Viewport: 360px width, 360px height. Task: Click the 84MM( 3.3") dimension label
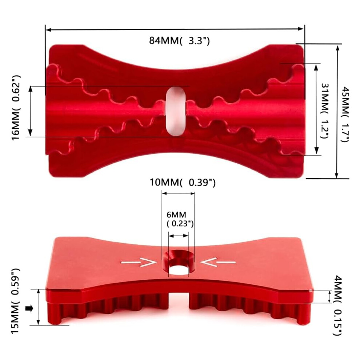179,41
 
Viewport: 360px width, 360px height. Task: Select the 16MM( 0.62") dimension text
16,107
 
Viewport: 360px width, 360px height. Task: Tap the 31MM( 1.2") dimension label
325,111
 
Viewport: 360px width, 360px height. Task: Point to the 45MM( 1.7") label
345,114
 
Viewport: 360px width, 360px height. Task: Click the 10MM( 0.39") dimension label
183,183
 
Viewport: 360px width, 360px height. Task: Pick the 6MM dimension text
176,215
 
